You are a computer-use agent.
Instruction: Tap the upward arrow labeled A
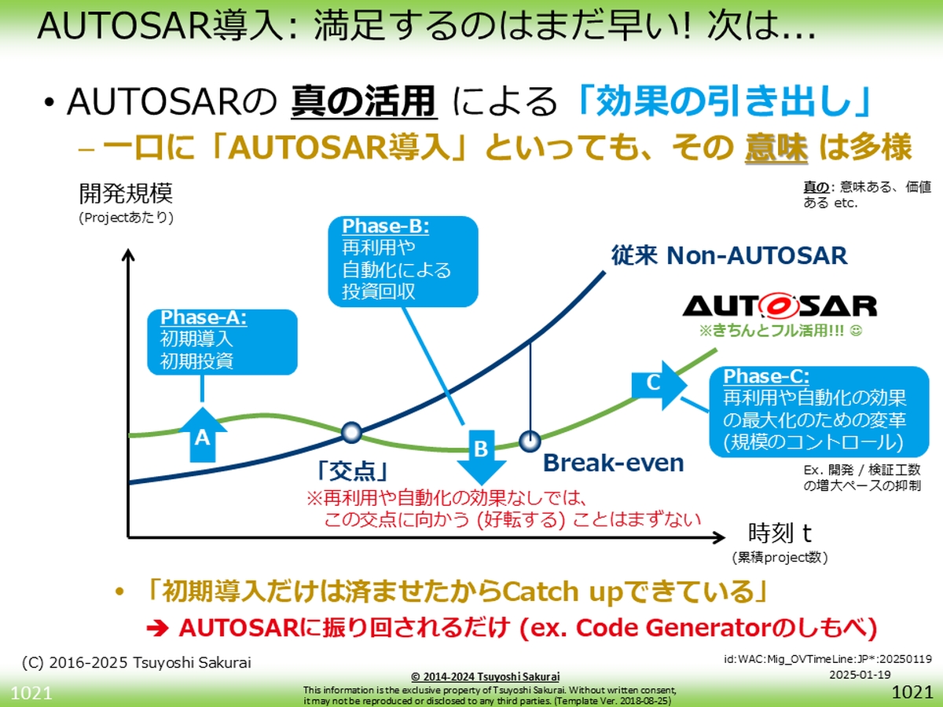point(202,434)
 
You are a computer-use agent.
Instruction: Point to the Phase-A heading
point(203,318)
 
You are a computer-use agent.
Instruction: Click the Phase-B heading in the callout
point(385,226)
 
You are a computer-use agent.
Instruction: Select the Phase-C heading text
point(766,375)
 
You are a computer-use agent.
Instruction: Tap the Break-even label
point(614,463)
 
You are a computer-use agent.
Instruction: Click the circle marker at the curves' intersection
point(351,430)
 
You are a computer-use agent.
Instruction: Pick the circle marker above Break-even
point(530,438)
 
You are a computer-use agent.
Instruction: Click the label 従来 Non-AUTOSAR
point(729,255)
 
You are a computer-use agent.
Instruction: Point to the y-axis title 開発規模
point(126,193)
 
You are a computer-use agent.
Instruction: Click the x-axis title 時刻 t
point(780,533)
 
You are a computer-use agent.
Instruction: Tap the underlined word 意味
point(776,147)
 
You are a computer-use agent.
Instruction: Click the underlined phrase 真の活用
point(364,103)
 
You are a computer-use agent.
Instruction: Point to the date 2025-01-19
point(859,675)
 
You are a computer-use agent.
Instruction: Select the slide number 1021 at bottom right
point(912,693)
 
